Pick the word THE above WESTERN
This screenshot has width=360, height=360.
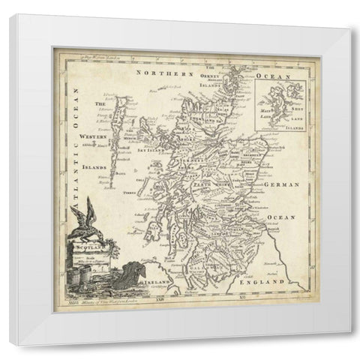point(97,104)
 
